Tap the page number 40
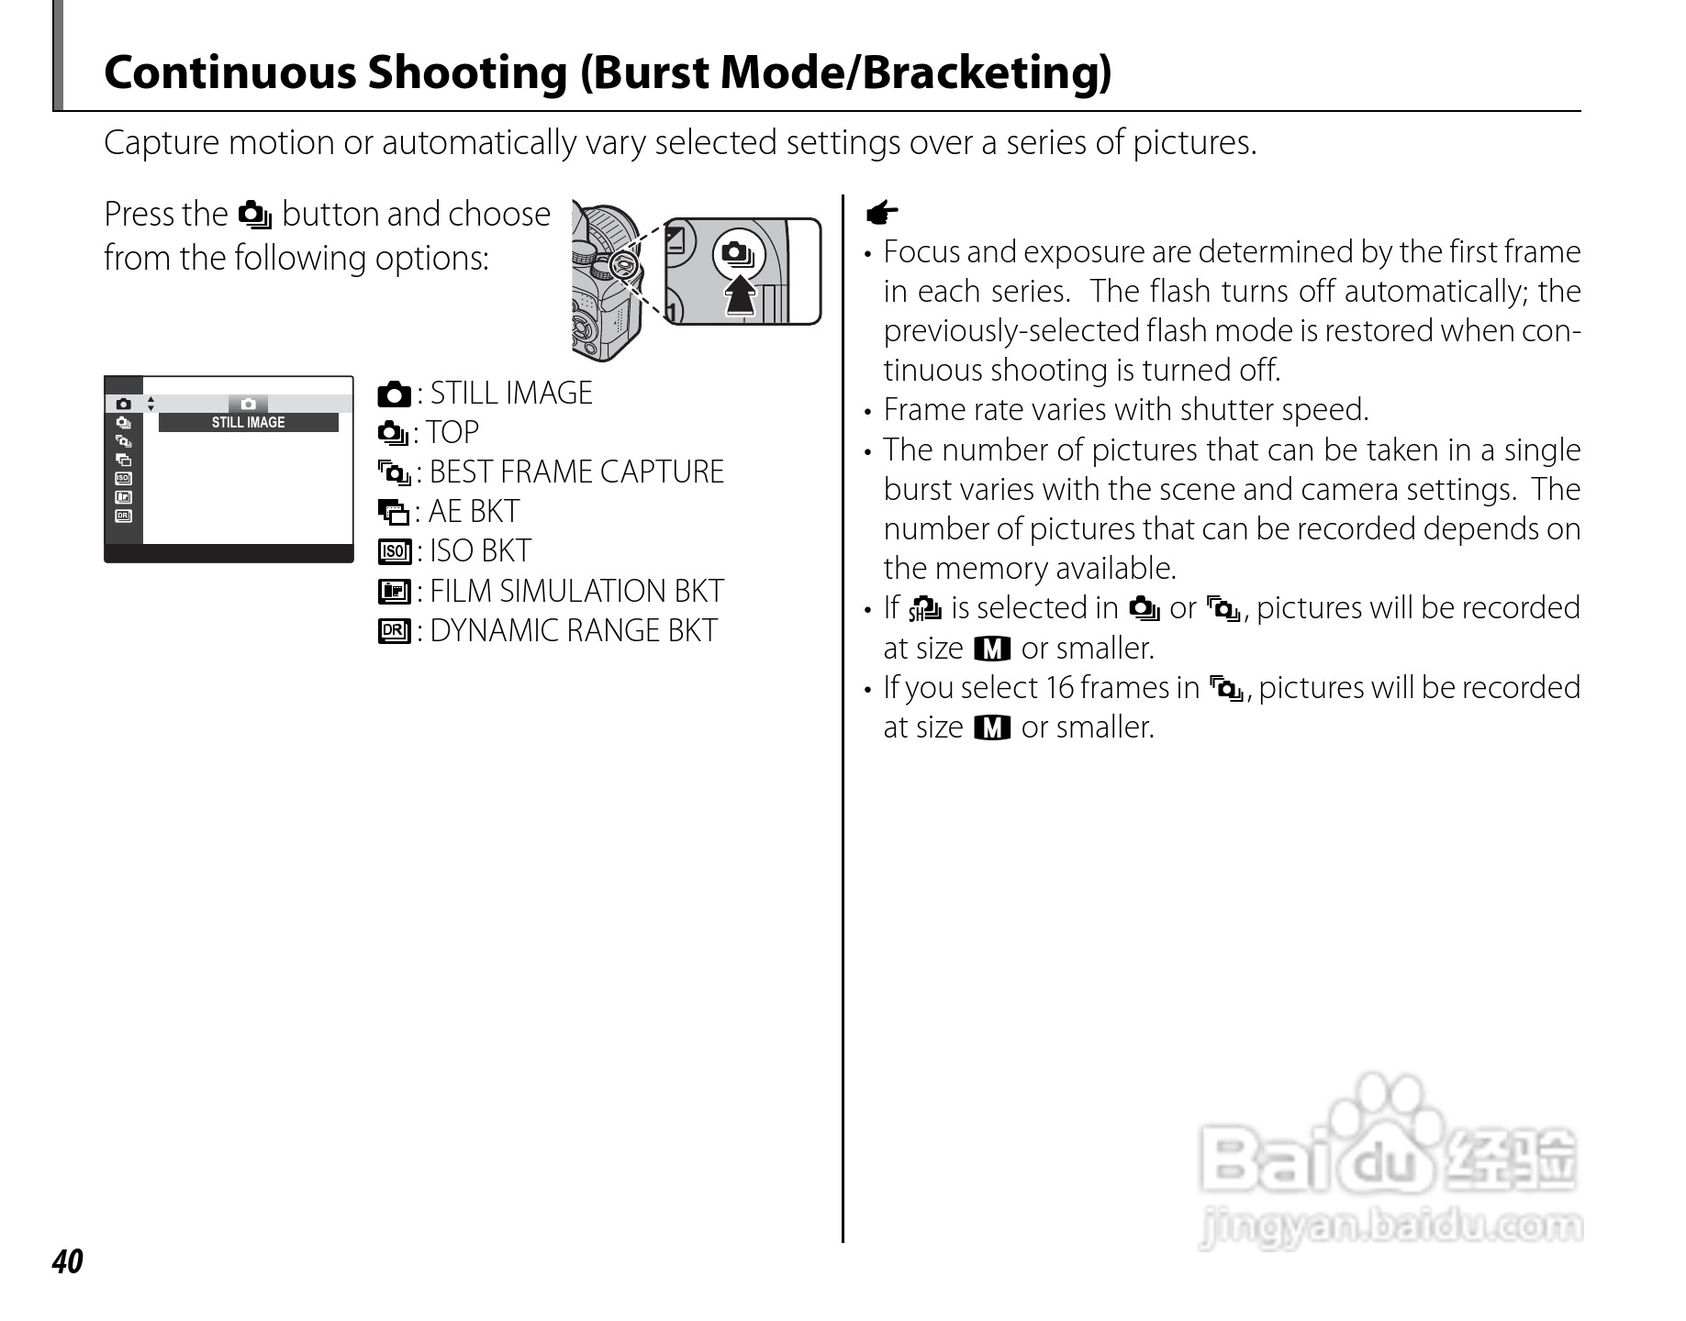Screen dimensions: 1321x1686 click(67, 1262)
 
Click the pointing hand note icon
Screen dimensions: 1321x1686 click(882, 215)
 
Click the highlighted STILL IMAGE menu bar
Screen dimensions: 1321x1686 click(248, 422)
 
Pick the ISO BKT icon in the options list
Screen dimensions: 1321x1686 click(394, 551)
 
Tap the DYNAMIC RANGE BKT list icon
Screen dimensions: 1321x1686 click(394, 631)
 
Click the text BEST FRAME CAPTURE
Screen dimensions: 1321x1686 click(576, 472)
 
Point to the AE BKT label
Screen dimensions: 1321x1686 click(474, 512)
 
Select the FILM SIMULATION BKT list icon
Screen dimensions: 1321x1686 click(394, 592)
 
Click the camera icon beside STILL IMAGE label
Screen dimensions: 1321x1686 click(394, 394)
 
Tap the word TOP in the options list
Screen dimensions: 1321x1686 click(452, 433)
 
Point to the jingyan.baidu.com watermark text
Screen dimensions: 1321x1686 click(1390, 1227)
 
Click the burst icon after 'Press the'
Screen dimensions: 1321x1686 click(254, 216)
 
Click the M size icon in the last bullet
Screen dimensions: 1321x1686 click(991, 728)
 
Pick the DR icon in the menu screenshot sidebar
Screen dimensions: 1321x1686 click(123, 516)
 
